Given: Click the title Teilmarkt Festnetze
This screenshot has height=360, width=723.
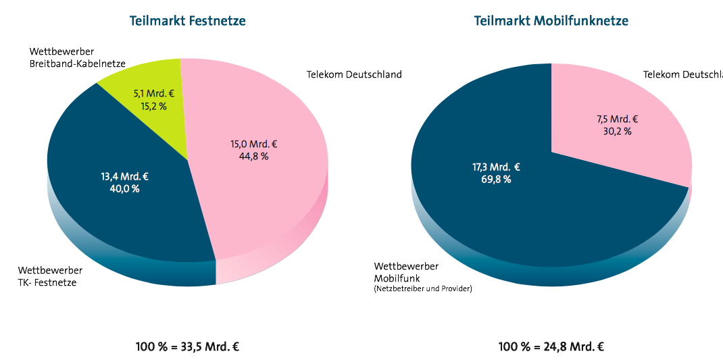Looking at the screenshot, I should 187,21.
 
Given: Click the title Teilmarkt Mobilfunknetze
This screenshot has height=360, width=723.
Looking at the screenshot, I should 551,21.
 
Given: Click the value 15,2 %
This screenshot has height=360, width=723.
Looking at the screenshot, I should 153,106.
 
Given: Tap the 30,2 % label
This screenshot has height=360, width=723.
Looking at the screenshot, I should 617,131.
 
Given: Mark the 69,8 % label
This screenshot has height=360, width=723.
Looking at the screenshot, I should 496,180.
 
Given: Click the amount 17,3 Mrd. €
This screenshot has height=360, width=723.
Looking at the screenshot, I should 496,167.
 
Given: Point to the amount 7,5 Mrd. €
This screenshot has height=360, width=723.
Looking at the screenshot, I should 617,119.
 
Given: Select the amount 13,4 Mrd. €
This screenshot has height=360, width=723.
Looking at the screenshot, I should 124,176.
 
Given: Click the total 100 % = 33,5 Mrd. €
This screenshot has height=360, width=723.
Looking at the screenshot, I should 187,347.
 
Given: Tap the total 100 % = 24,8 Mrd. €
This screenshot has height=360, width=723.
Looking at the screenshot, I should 551,347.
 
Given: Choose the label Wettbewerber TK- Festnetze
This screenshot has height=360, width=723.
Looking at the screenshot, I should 50,276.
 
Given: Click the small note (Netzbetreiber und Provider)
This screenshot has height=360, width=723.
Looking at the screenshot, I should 423,289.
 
